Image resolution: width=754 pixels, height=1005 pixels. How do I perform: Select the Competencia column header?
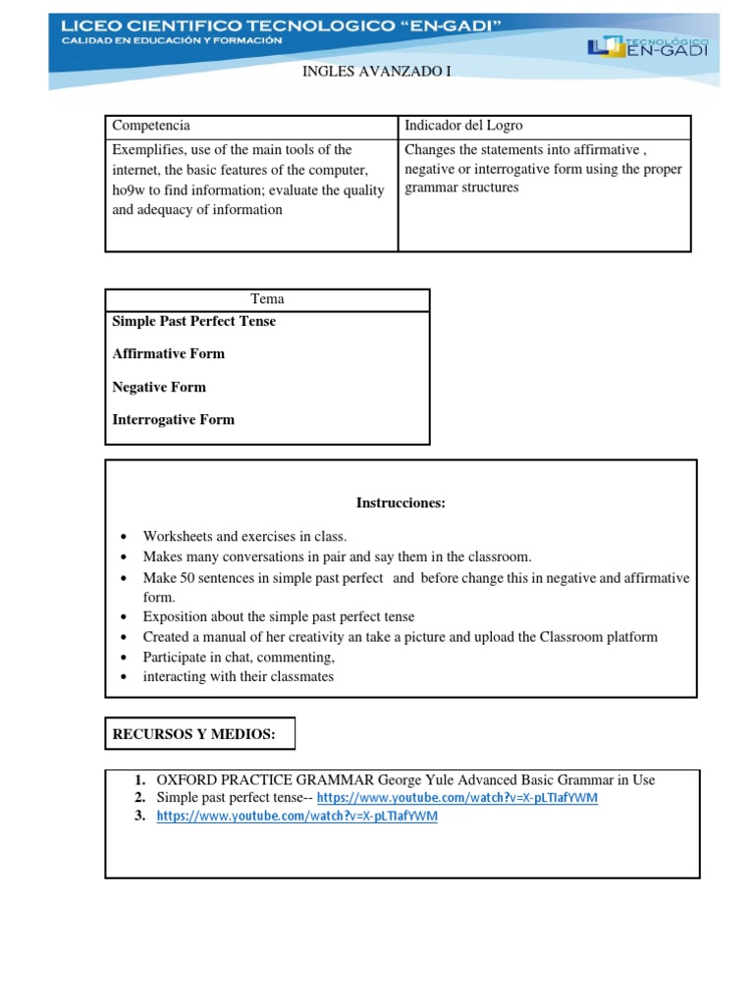pos(151,126)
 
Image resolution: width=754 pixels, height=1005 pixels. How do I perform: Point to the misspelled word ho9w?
pos(130,190)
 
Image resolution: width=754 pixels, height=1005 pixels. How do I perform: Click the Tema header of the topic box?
pos(267,299)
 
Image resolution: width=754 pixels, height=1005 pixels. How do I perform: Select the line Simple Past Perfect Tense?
pos(194,322)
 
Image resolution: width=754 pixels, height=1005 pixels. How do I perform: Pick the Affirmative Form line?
pos(169,354)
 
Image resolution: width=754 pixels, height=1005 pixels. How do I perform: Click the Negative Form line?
pos(159,387)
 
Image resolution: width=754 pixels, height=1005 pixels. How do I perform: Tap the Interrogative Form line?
pos(174,420)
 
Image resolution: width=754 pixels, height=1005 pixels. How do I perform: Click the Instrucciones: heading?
pos(401,503)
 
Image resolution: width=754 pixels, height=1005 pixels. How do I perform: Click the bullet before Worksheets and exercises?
pos(122,537)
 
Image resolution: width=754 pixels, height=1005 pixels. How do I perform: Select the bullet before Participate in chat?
pos(122,658)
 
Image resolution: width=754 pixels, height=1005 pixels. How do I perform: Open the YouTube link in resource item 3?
pos(297,817)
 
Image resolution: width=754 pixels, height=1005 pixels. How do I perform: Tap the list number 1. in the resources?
pos(140,780)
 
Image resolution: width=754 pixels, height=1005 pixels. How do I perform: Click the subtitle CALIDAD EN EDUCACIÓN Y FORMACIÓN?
pos(172,40)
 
